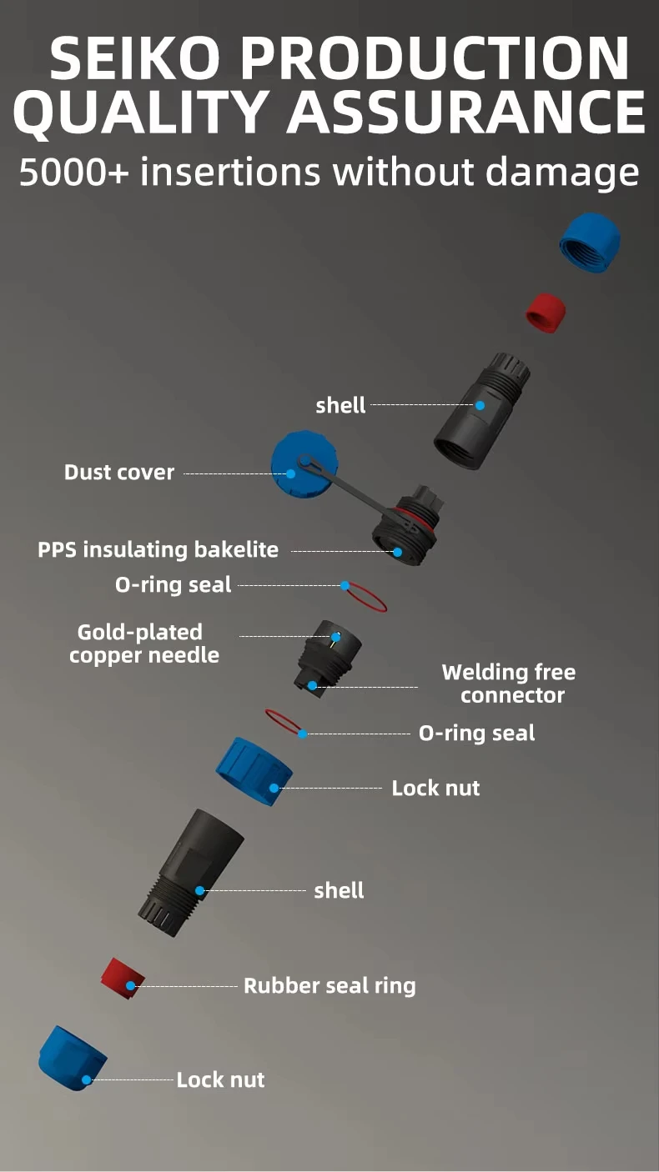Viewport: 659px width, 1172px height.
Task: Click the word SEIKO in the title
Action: point(135,58)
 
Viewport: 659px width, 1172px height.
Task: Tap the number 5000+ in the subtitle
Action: point(73,172)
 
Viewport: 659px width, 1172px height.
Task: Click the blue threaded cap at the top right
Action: point(590,243)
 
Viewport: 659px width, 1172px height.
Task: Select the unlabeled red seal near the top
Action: point(546,313)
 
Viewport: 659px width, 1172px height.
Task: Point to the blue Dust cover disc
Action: point(304,464)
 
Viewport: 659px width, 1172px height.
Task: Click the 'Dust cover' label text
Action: point(119,473)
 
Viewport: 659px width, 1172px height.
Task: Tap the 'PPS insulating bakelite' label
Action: point(158,550)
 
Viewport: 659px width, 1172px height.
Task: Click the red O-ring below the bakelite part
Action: point(365,597)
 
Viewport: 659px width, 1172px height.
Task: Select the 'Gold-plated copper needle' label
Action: point(144,644)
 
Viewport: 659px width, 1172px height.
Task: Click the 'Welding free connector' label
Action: point(509,684)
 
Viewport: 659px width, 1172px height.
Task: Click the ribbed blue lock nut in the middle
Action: point(254,771)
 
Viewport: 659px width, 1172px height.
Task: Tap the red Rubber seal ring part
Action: point(123,978)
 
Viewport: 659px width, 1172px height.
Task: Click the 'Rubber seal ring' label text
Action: point(329,986)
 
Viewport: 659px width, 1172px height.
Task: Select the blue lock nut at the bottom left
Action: point(73,1059)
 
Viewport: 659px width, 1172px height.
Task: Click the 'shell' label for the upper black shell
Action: point(340,405)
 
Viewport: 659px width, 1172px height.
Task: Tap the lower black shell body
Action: point(191,873)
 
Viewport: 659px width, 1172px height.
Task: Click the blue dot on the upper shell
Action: point(480,405)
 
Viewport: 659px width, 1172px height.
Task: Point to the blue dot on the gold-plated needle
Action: point(335,637)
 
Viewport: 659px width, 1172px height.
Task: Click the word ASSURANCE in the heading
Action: point(467,112)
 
